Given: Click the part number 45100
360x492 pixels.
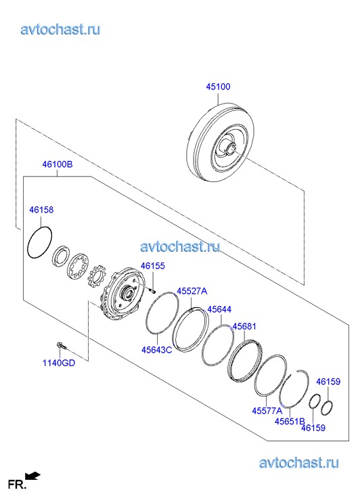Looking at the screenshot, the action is point(218,87).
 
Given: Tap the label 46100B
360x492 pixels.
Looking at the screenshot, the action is point(58,164).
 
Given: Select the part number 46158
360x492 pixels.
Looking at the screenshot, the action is point(41,210).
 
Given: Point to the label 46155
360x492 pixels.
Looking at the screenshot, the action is point(152,266).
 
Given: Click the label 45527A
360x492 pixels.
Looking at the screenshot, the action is point(192,291).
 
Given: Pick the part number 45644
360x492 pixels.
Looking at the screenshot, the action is point(219,309).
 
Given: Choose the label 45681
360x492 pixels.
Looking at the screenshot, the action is point(244,326).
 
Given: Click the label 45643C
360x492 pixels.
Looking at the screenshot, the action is point(156,350).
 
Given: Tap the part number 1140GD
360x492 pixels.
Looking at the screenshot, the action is point(59,363).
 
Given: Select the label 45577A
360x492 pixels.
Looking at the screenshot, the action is point(267,410).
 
